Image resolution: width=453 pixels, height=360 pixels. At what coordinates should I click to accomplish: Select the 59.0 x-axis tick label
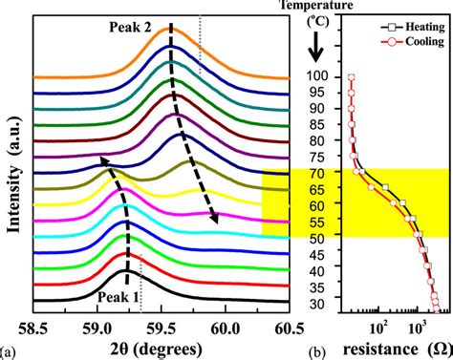pos(98,323)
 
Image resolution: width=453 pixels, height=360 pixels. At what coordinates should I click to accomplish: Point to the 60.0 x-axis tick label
pos(226,323)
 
